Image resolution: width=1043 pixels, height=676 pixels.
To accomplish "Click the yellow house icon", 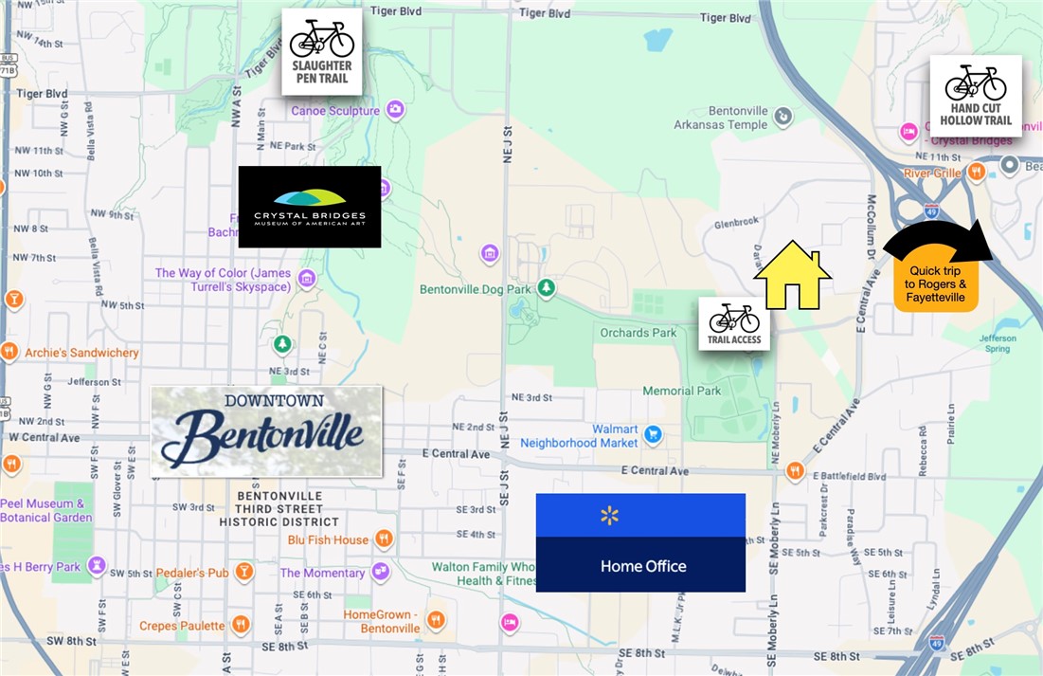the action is click(x=793, y=277).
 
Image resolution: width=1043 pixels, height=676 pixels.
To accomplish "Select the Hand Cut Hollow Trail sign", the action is click(x=976, y=96).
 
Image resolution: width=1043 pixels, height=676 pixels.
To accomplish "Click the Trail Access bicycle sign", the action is click(x=734, y=323).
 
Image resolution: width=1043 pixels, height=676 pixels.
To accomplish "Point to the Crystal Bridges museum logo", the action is click(x=310, y=207).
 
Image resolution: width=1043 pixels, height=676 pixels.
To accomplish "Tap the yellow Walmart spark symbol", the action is click(x=609, y=516).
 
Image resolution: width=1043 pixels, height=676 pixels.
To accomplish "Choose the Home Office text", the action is click(x=643, y=566).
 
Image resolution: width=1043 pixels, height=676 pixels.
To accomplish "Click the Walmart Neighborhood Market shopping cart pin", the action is click(x=652, y=435).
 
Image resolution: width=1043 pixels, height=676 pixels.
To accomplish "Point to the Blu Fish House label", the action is click(x=328, y=539).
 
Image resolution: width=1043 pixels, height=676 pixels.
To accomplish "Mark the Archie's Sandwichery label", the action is click(x=81, y=353).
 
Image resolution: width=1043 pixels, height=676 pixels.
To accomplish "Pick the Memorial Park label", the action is click(x=681, y=391).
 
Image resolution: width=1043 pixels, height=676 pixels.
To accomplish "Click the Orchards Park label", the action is click(x=638, y=333).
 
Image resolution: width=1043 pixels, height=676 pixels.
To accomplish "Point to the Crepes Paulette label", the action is click(x=182, y=626).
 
